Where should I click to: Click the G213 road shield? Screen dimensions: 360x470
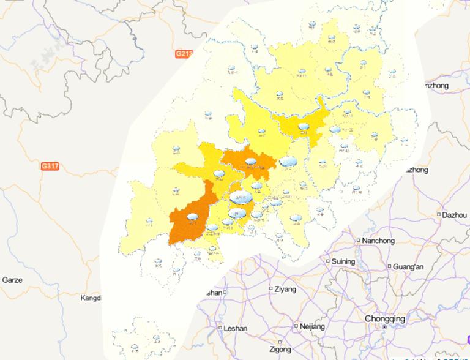[x=184, y=54]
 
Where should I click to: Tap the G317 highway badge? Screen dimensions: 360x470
[x=50, y=166]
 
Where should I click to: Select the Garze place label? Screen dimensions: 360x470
[x=12, y=280]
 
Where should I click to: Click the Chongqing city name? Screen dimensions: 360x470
[x=384, y=318]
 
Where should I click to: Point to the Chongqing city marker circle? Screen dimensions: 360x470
[x=384, y=328]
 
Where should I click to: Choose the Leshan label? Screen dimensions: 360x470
[x=236, y=328]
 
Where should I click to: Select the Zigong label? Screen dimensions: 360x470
[x=281, y=350]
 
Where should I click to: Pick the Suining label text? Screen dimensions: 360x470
[x=343, y=261]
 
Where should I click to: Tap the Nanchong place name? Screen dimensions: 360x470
[x=378, y=241]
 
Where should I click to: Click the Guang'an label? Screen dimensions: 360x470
[x=409, y=266]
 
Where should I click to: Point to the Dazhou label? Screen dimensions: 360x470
[x=455, y=215]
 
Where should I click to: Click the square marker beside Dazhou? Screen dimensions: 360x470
[x=439, y=215]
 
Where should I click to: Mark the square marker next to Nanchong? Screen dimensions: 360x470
[x=359, y=241]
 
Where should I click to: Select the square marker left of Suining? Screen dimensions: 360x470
[x=327, y=261]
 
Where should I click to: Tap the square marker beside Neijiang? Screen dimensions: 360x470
[x=296, y=326]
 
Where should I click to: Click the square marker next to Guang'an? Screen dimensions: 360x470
[x=389, y=266]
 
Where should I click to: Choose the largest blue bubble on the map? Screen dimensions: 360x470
[x=241, y=198]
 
